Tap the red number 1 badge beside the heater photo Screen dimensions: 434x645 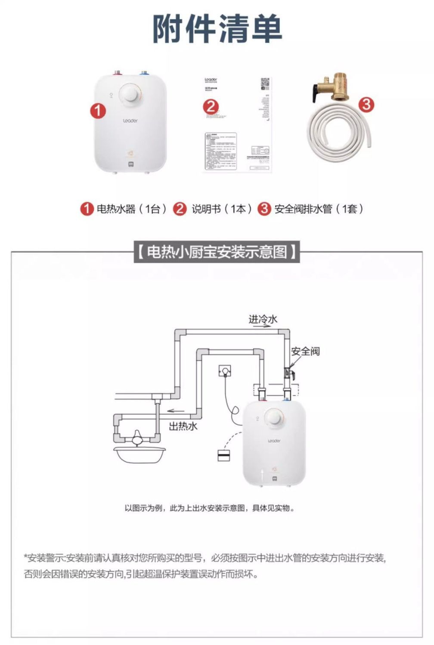[98, 111]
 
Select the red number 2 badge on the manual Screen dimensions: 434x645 [211, 106]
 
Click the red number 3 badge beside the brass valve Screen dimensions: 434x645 [366, 105]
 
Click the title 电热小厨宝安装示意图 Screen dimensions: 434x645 [217, 252]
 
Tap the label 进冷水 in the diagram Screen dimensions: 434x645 [263, 319]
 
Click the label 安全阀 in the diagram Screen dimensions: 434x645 [305, 351]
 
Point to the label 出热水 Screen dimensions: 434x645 [183, 426]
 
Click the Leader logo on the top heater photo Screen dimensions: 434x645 [130, 121]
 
